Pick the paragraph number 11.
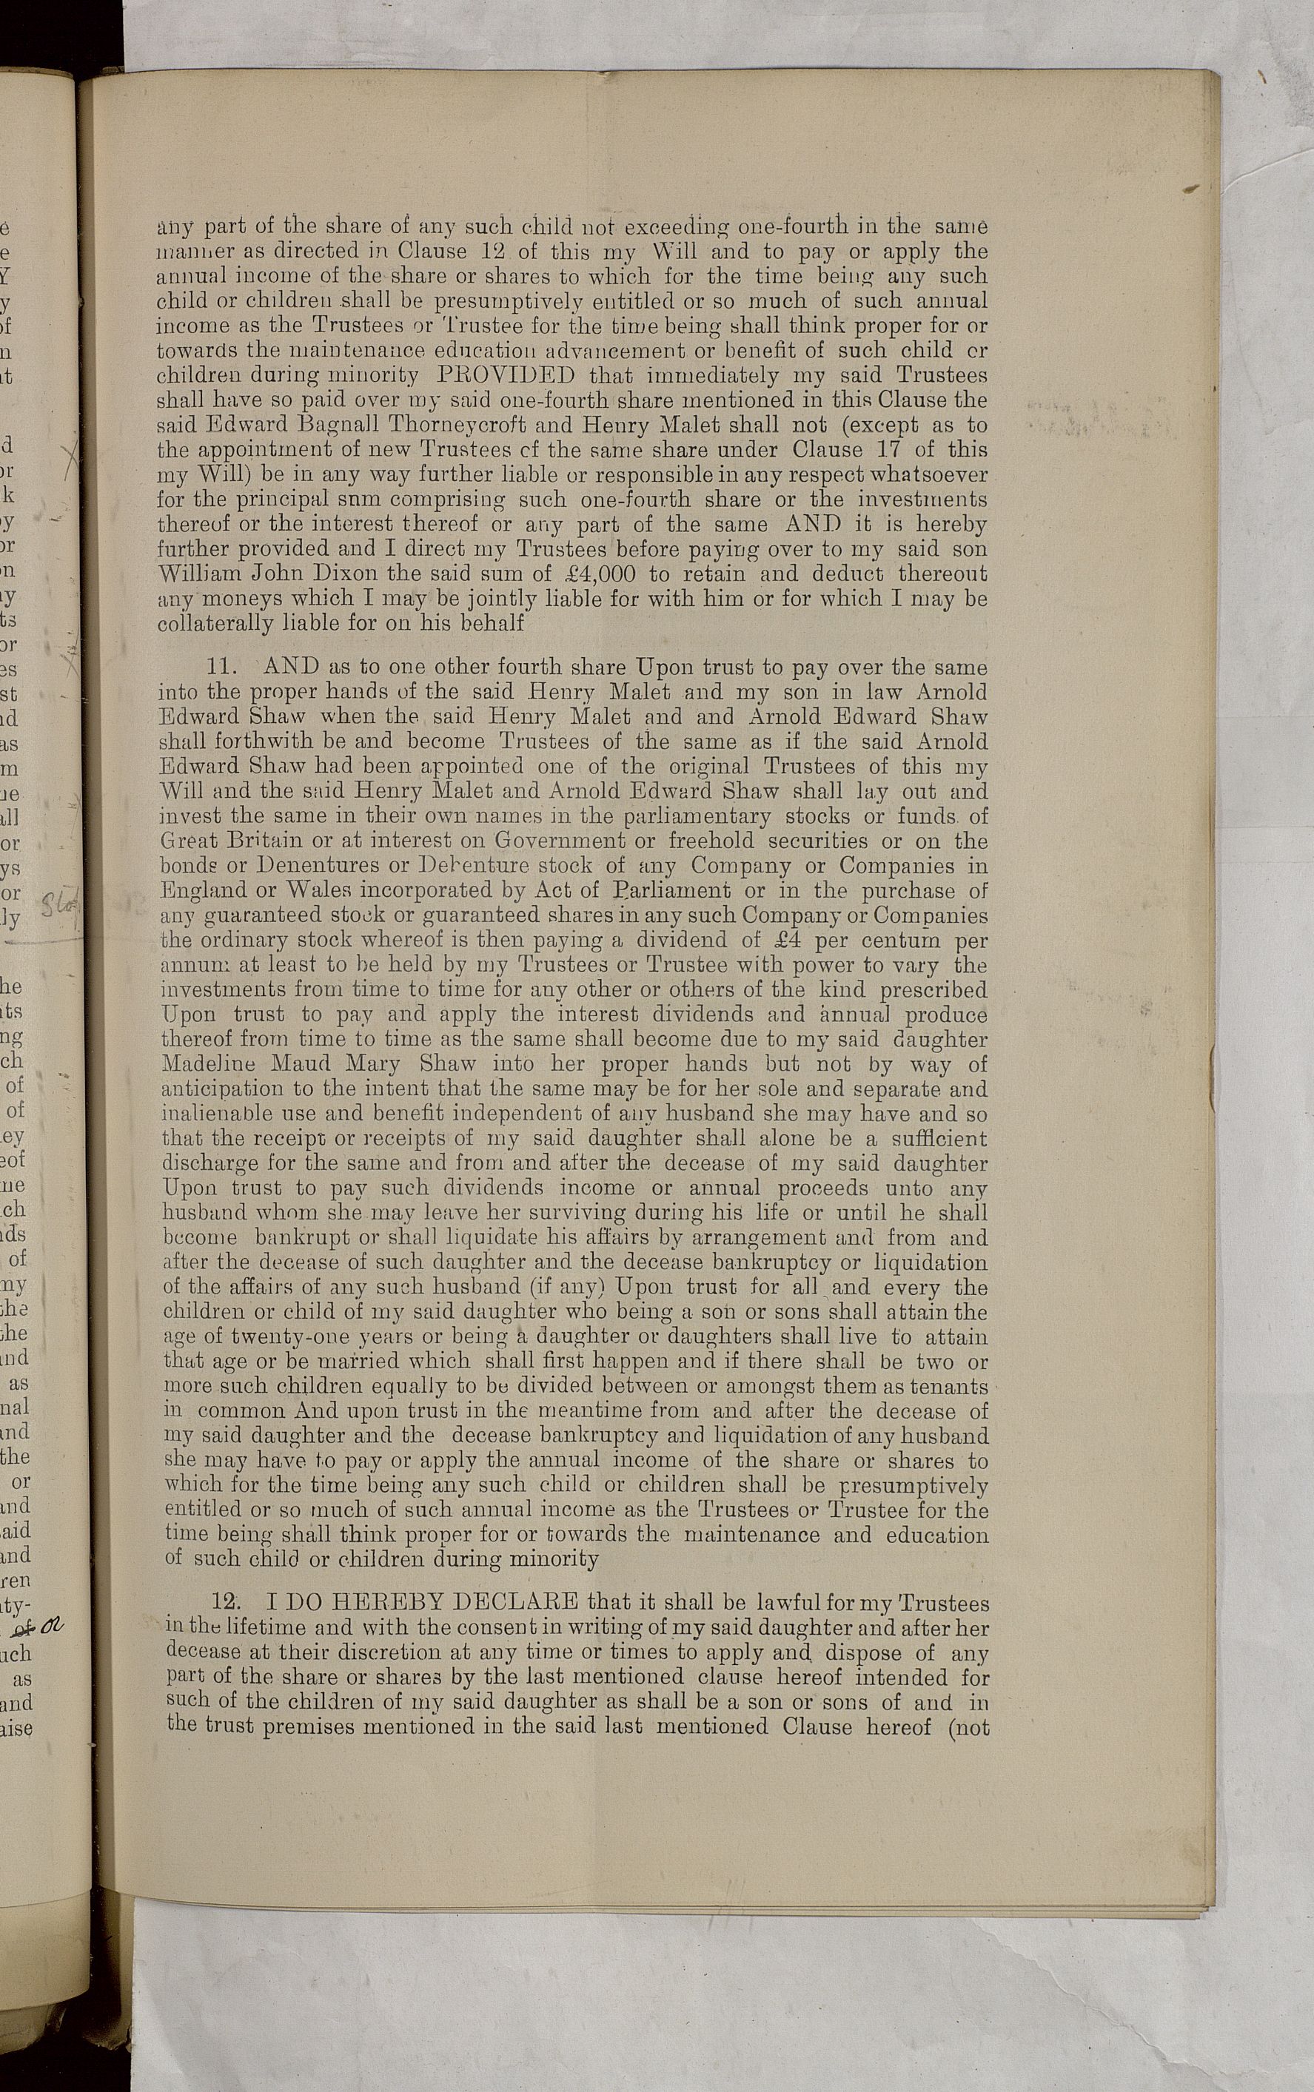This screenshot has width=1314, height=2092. coord(225,668)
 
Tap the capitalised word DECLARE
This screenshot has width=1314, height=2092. coord(513,1601)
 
